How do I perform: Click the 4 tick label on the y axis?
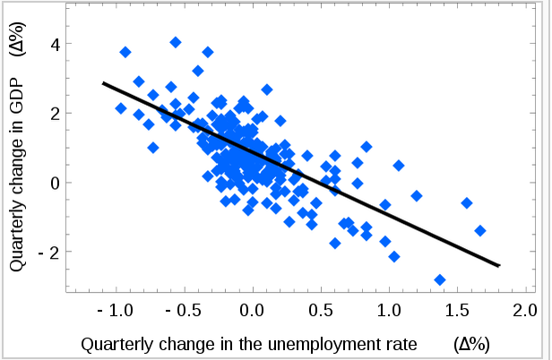coord(54,44)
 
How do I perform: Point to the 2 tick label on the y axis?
coord(54,114)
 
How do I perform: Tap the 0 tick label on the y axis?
coord(54,183)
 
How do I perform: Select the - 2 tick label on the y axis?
coord(48,253)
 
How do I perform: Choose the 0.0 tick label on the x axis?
coord(253,312)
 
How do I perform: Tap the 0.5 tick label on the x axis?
coord(321,312)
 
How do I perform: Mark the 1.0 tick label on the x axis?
coord(389,312)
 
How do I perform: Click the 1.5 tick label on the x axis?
coord(457,312)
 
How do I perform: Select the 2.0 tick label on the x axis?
coord(525,312)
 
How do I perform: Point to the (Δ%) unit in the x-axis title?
coord(473,343)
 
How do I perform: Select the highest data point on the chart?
coord(176,42)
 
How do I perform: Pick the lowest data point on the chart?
coord(440,280)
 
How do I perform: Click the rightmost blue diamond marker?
coord(480,230)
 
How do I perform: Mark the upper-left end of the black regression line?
coord(103,82)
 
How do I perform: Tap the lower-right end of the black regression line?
coord(499,266)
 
